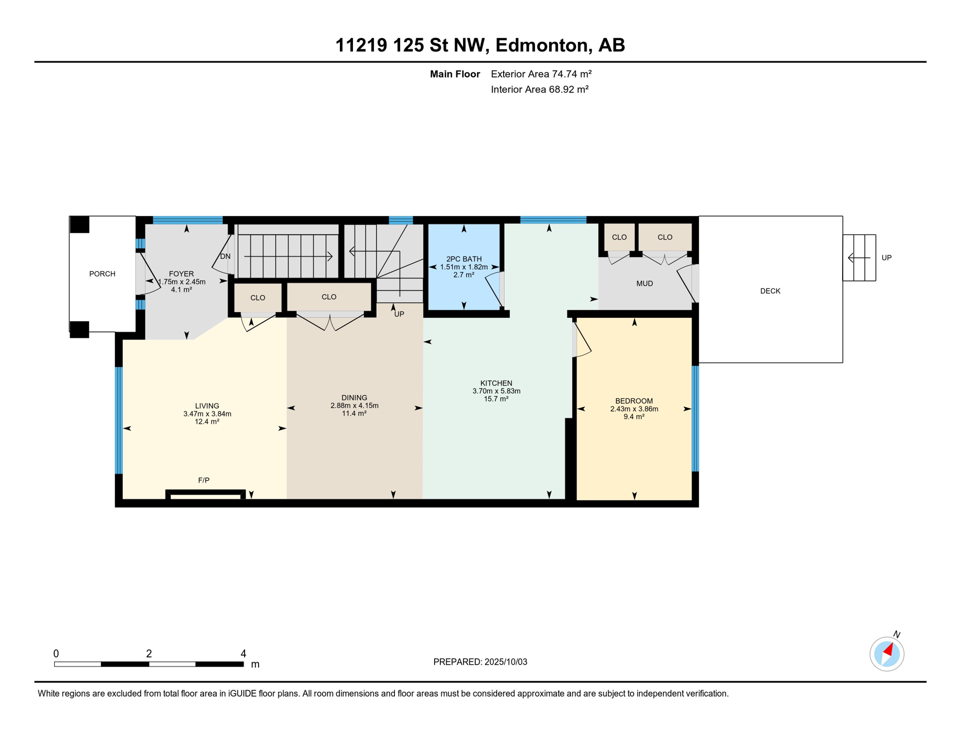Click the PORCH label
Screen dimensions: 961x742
102,274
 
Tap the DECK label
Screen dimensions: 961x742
770,291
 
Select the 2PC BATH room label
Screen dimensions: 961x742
464,259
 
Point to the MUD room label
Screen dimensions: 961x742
644,284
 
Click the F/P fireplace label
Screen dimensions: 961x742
204,480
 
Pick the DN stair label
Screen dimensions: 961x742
225,257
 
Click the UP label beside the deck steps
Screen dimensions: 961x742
886,257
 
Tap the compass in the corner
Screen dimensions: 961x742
887,654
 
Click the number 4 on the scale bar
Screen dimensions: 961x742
243,654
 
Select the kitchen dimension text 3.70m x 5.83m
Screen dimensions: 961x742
496,391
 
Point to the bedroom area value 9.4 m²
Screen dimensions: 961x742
634,417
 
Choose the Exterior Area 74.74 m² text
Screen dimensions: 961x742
541,74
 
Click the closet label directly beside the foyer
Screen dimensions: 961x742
258,298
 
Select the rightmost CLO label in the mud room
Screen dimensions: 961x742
665,237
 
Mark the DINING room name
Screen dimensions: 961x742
354,398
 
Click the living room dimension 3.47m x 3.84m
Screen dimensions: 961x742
207,414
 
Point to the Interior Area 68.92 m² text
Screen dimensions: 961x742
539,89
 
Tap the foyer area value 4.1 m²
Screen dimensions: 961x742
181,290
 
